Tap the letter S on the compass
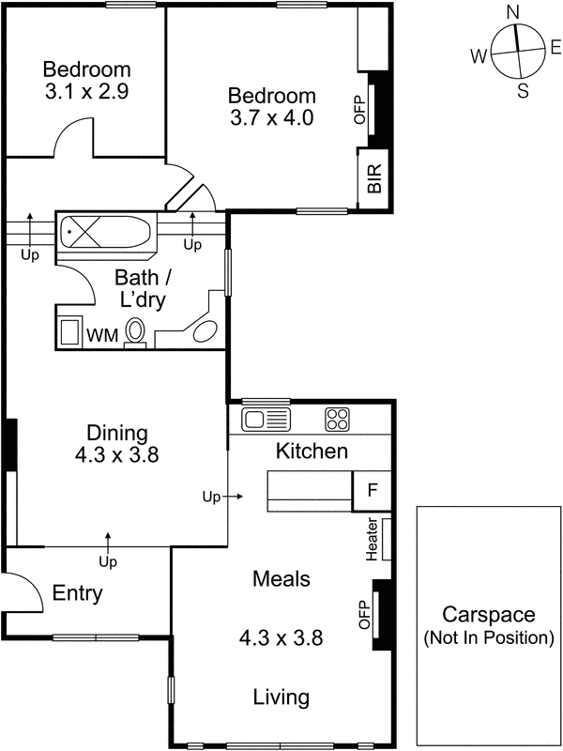(524, 90)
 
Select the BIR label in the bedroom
(374, 179)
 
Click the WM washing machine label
(101, 334)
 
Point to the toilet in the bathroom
(135, 331)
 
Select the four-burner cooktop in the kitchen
(337, 419)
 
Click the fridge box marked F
(371, 491)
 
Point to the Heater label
(373, 540)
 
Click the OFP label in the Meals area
(365, 615)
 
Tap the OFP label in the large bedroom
(358, 110)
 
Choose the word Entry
(77, 593)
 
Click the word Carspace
(488, 616)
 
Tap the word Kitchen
(312, 452)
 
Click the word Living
(281, 697)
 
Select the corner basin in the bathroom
(205, 331)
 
